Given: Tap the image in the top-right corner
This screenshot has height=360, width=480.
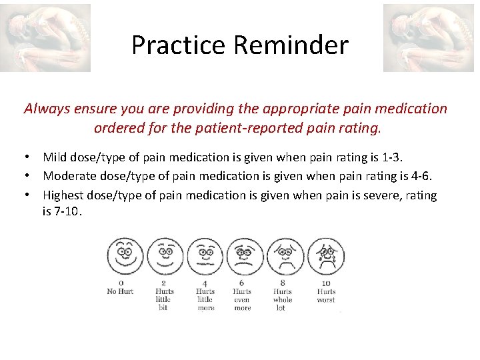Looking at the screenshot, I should [x=429, y=37].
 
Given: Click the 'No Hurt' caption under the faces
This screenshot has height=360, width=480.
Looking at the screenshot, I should [x=121, y=291].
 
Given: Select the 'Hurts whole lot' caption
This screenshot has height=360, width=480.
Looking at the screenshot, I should [x=283, y=299].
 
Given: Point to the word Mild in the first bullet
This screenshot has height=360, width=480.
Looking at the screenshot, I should [x=55, y=157].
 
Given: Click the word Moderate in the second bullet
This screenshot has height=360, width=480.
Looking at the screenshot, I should [x=69, y=177].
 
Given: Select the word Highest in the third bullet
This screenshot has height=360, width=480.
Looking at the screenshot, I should [x=64, y=195].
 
